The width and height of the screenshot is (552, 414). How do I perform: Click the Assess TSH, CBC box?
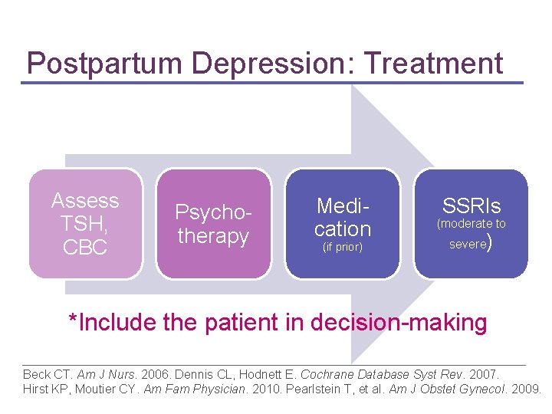[85, 223]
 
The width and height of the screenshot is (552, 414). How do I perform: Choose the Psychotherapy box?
[213, 223]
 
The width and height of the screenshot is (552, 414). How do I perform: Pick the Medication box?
[342, 223]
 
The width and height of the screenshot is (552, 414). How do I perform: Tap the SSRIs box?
[471, 223]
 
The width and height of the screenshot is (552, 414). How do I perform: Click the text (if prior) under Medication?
[342, 248]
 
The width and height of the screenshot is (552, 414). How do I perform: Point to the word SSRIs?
[471, 205]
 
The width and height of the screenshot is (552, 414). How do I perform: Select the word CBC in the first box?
[84, 248]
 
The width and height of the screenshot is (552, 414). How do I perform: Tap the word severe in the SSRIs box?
[467, 245]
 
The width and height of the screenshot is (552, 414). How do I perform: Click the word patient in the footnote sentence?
[244, 323]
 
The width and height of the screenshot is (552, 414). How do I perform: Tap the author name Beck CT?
[47, 375]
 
